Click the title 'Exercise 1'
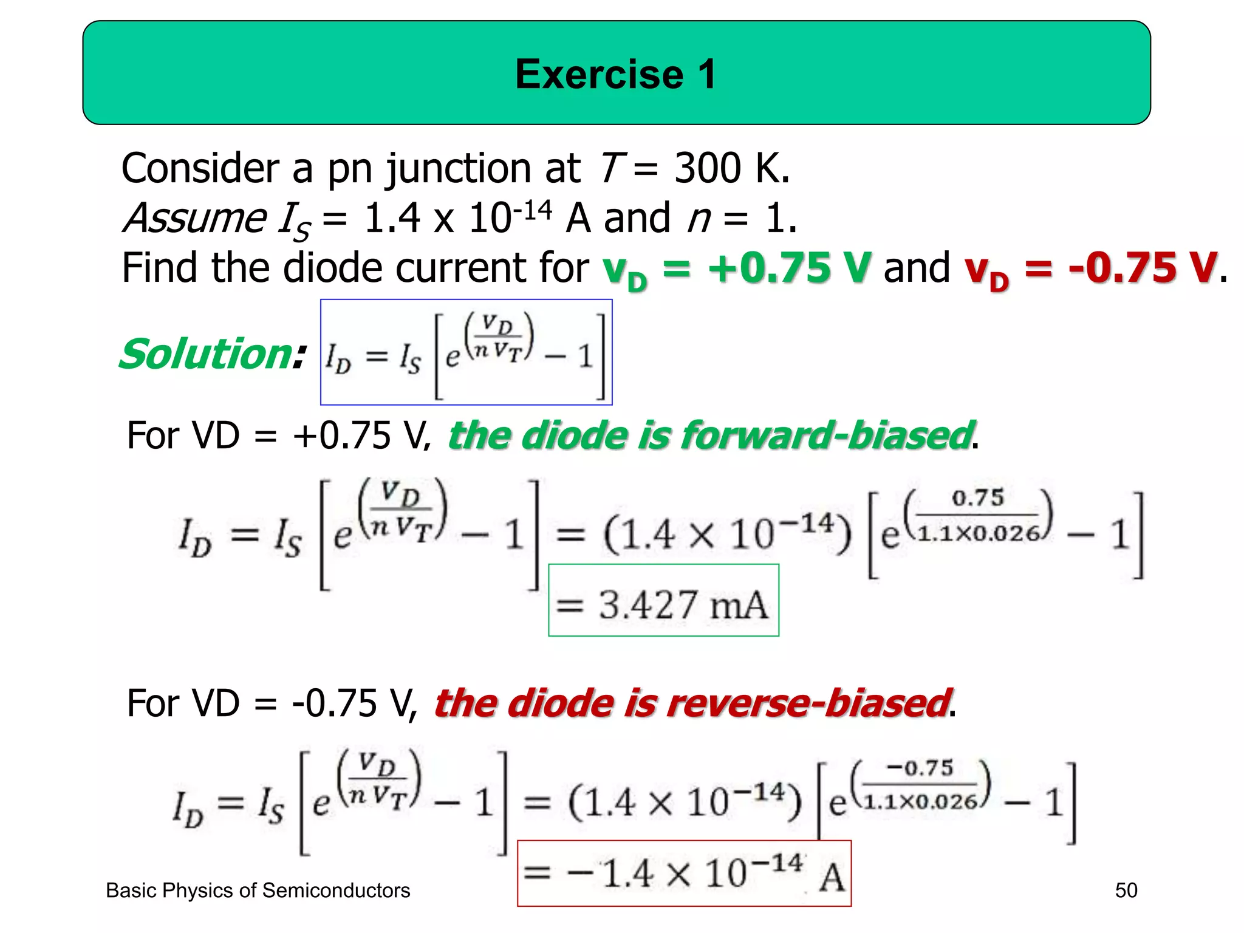point(616,74)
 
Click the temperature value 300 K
point(731,168)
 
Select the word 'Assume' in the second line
point(195,217)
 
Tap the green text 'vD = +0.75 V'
point(736,268)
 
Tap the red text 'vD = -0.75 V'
point(1090,268)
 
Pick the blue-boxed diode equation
point(466,352)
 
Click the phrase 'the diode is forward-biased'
point(711,436)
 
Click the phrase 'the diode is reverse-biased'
point(692,703)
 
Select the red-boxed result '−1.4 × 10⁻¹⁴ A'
point(684,873)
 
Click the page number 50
point(1126,890)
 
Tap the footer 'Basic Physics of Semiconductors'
point(258,890)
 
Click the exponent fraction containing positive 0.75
point(977,516)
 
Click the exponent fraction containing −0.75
point(921,785)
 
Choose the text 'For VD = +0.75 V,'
point(279,436)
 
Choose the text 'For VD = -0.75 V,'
point(272,703)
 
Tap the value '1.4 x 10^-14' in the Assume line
point(457,217)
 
